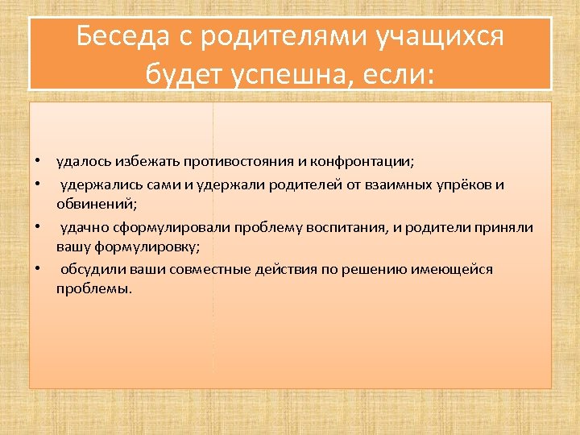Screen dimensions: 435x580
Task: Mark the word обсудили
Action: [89, 269]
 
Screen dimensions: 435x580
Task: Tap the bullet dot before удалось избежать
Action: [37, 162]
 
